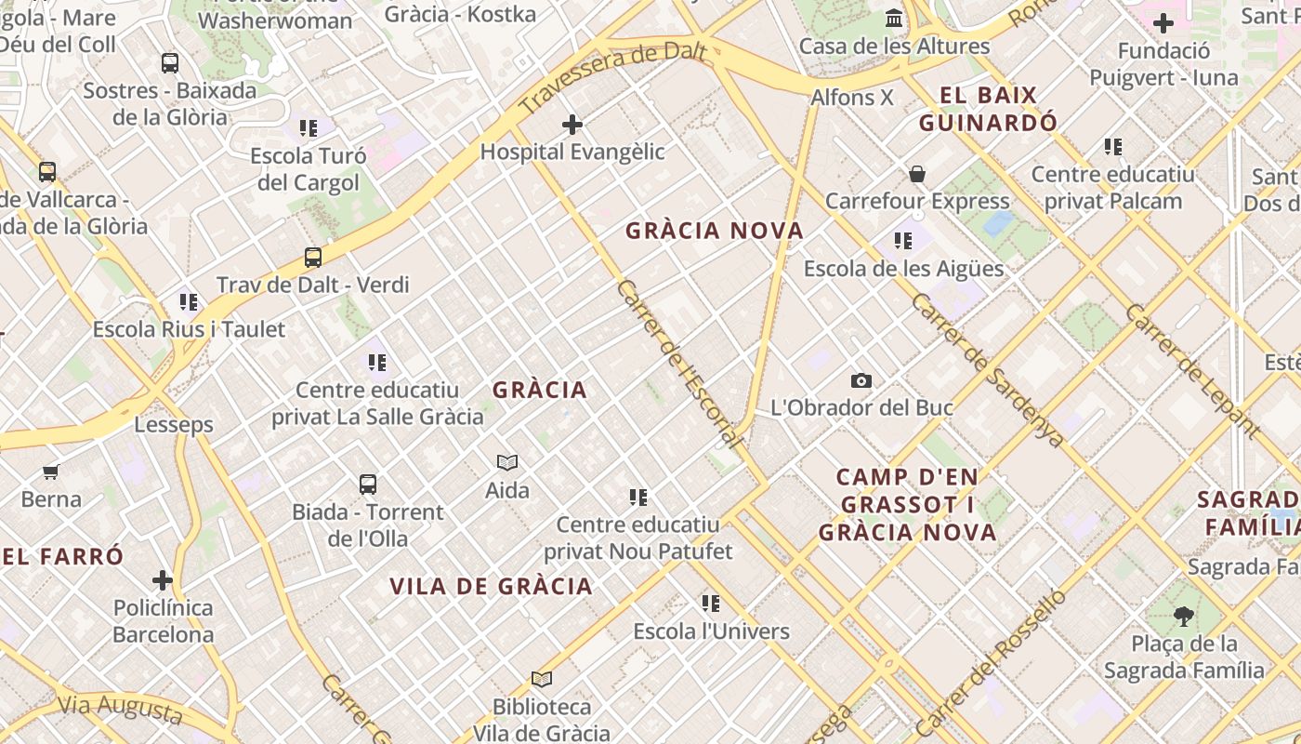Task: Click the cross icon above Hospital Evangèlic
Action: tap(572, 124)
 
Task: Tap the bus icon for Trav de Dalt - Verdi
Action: tap(313, 258)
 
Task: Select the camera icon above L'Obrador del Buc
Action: tap(861, 380)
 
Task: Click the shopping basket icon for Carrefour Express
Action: tap(917, 174)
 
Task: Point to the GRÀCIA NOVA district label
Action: tap(715, 231)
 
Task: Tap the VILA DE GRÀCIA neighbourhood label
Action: tap(491, 586)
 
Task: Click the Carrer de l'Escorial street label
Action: tap(678, 364)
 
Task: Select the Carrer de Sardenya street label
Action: tap(987, 370)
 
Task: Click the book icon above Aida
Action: tap(507, 462)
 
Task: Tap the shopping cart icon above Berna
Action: tap(51, 472)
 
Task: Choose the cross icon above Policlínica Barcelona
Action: tap(163, 580)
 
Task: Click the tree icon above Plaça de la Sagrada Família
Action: tap(1184, 615)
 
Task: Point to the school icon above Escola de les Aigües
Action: tap(903, 241)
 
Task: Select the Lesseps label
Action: tap(174, 425)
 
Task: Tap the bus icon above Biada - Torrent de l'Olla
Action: tap(368, 484)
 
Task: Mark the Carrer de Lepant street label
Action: tap(1192, 370)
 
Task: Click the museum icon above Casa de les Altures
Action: tap(894, 18)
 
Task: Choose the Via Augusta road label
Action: tap(120, 709)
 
